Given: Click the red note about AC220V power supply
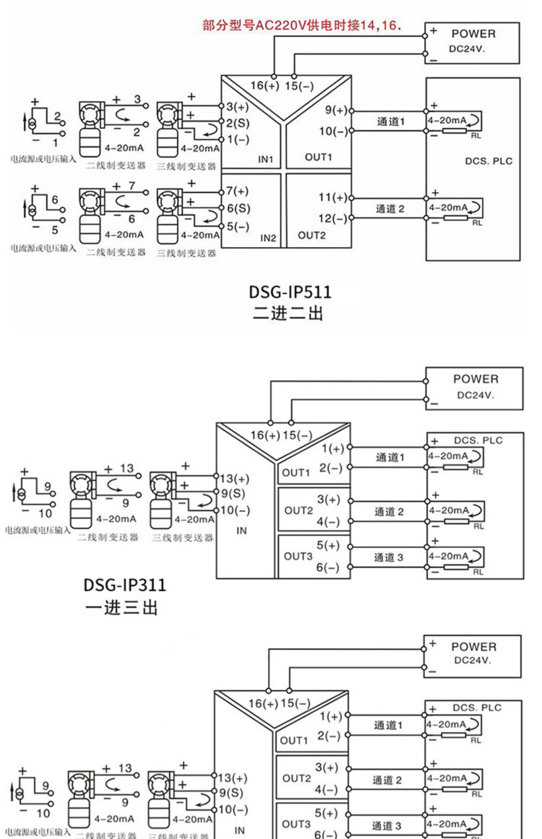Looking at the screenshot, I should [302, 25].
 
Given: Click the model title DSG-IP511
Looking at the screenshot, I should [290, 292].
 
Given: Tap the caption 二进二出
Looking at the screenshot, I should [288, 313].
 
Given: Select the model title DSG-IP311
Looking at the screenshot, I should [125, 585].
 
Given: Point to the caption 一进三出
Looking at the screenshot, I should [121, 607].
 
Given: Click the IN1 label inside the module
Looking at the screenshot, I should [265, 159].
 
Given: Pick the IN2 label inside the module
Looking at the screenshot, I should [268, 238].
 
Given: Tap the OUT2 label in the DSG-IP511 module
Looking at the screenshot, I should [312, 236].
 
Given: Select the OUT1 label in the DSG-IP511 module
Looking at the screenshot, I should [318, 157].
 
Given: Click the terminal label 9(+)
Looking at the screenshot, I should [336, 110].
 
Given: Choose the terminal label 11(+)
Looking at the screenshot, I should [333, 197].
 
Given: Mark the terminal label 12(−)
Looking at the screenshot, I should [333, 218].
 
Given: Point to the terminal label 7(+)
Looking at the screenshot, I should [237, 191].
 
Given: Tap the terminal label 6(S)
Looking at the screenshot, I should [238, 208].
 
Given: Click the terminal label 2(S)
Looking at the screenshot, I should [238, 123].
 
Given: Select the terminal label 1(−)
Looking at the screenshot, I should [238, 139].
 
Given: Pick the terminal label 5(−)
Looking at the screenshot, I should [238, 226].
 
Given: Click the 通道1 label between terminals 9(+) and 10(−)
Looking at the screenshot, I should [391, 121].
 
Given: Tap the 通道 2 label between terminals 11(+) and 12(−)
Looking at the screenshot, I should [390, 209].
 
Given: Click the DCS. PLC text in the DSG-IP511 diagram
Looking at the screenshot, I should [488, 161].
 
